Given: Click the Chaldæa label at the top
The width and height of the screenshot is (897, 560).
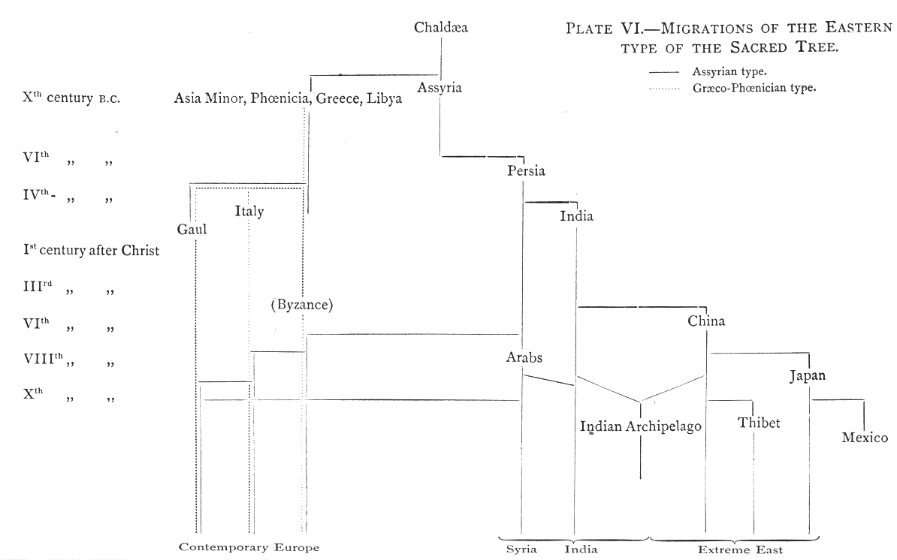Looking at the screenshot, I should (441, 28).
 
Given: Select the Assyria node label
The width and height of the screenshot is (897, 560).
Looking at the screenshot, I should (440, 87).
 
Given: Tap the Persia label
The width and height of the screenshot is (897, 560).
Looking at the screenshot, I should (526, 170).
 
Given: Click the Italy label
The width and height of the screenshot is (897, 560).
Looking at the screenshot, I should (249, 212).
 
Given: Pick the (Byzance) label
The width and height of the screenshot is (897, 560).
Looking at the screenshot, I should (302, 305).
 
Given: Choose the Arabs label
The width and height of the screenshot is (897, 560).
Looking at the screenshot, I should (524, 357).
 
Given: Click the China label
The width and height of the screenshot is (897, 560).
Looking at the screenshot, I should (706, 321).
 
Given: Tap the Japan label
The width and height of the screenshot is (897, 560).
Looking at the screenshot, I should (808, 376).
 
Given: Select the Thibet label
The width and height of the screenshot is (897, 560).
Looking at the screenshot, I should (759, 423).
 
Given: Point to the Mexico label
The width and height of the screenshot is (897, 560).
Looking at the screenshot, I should (865, 438).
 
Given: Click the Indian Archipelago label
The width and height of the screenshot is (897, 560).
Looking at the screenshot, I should (641, 426).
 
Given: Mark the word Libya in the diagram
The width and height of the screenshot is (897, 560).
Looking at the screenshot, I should (385, 100).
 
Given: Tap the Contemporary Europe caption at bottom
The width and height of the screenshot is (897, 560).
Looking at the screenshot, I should (249, 546).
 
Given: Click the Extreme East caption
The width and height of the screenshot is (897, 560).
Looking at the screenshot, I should (740, 549).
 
